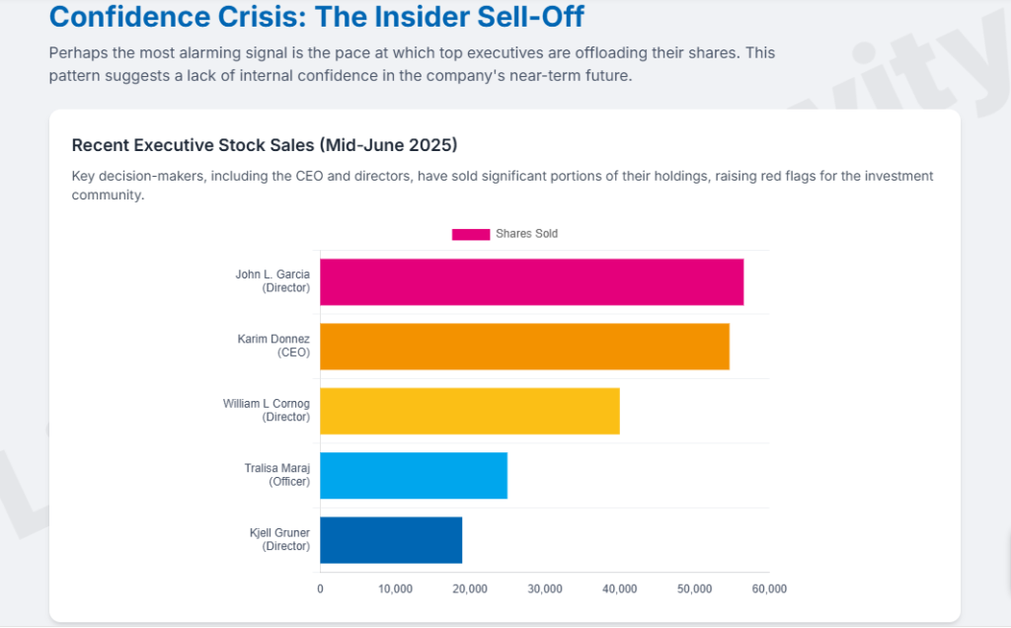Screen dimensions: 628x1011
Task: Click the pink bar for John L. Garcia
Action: pos(531,281)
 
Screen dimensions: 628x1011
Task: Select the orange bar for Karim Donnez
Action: pos(524,347)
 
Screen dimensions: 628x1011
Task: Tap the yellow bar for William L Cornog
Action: pos(470,411)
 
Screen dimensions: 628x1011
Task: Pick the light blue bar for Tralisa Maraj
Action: pos(414,475)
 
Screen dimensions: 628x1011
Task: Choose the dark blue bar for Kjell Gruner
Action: pos(391,540)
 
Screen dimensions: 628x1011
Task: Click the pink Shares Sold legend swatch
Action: pos(471,234)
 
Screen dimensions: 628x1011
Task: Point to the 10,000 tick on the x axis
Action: pos(395,589)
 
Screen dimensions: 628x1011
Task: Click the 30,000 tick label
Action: pos(545,589)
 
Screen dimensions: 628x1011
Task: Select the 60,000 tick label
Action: pos(769,589)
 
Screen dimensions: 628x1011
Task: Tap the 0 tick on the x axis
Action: pos(320,589)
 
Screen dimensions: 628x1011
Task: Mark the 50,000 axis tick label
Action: pos(694,589)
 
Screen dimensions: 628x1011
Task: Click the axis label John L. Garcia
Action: pos(272,275)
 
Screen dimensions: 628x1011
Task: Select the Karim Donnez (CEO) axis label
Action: pos(273,346)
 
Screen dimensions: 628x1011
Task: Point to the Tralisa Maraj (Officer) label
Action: pos(276,475)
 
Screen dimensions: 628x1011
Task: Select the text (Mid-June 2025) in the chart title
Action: pos(388,145)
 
